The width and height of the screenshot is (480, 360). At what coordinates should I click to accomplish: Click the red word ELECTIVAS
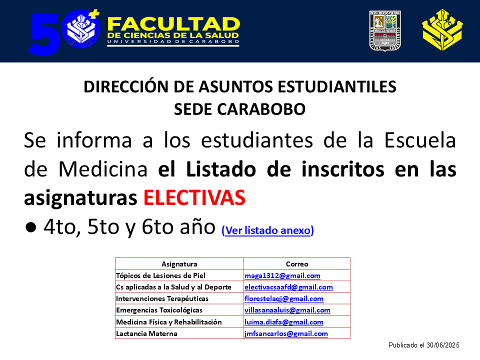pyautogui.click(x=194, y=197)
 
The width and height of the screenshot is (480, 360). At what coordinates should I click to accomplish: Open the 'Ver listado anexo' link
pyautogui.click(x=268, y=230)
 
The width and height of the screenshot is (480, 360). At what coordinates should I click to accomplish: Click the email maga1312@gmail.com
pyautogui.click(x=282, y=275)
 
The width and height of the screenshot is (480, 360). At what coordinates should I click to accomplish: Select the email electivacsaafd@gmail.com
pyautogui.click(x=288, y=287)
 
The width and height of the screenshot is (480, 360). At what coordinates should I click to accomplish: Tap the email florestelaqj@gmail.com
pyautogui.click(x=284, y=298)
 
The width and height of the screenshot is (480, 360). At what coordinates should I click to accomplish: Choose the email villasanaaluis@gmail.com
pyautogui.click(x=287, y=310)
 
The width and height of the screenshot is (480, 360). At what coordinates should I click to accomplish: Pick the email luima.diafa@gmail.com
pyautogui.click(x=284, y=322)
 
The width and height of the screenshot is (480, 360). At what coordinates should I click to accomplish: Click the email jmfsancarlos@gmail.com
pyautogui.click(x=286, y=333)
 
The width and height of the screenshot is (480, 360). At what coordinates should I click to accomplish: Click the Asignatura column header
pyautogui.click(x=179, y=264)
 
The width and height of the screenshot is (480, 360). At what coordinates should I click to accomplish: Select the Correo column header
pyautogui.click(x=297, y=264)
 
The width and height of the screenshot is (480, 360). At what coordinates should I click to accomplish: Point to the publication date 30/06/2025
pyautogui.click(x=442, y=345)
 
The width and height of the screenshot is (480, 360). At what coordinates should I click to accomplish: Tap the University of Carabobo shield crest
pyautogui.click(x=385, y=31)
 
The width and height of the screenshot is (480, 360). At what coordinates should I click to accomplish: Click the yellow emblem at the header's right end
pyautogui.click(x=442, y=30)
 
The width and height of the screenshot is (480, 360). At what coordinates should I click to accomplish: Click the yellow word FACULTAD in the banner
pyautogui.click(x=173, y=24)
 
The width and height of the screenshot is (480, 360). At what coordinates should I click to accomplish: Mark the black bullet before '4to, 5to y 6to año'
pyautogui.click(x=31, y=227)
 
